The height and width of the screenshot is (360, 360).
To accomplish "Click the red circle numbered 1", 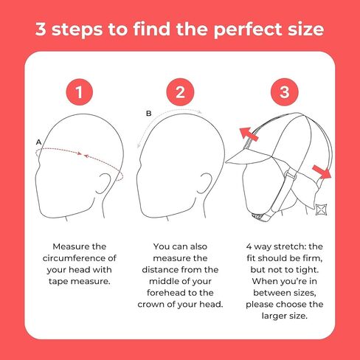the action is [79, 92].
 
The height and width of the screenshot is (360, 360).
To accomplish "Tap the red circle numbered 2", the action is [180, 92].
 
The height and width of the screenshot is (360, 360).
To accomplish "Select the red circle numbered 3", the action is [285, 92].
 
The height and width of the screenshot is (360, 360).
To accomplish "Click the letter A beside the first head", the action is [38, 142].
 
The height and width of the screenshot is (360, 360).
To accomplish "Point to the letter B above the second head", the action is [148, 114].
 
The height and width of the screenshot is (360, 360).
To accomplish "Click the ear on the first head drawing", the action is [103, 184].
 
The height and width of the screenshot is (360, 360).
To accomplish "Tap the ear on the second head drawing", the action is [204, 184].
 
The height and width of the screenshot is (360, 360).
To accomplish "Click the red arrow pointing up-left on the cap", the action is [249, 134].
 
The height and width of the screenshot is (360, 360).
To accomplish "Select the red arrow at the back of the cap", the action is [322, 171].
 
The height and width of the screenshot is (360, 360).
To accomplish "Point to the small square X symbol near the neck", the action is [321, 210].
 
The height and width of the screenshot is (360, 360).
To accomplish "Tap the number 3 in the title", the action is [41, 29].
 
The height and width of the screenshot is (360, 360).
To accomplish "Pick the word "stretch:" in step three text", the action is [290, 246].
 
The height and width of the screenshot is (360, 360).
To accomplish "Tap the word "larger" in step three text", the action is [273, 316].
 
